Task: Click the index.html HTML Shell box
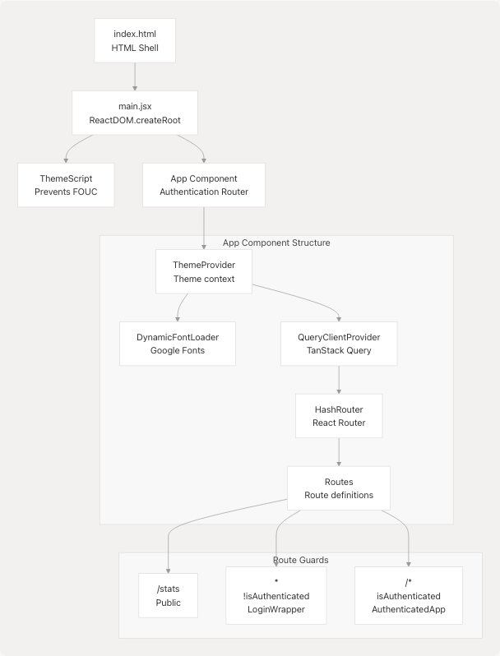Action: tap(134, 41)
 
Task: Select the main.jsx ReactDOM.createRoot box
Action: tap(135, 113)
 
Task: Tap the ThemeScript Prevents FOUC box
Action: tap(67, 184)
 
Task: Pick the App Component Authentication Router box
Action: tap(204, 184)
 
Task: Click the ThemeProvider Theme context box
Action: tap(204, 271)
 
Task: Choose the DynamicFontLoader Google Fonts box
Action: tap(178, 344)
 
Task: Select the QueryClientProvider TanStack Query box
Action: tap(339, 344)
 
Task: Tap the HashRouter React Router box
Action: tap(339, 416)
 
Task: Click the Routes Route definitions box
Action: tap(339, 488)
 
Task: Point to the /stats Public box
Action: tap(168, 595)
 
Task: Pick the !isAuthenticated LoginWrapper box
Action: tap(275, 595)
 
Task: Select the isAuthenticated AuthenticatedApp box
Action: tap(408, 595)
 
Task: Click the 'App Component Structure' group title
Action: tap(276, 243)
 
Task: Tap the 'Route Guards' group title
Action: tap(300, 560)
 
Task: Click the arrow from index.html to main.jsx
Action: tap(134, 76)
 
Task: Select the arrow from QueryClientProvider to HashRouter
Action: tap(339, 380)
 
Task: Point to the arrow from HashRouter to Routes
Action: tap(339, 452)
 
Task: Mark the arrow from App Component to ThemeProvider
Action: tap(204, 228)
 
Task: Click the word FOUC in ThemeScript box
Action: tap(86, 192)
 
